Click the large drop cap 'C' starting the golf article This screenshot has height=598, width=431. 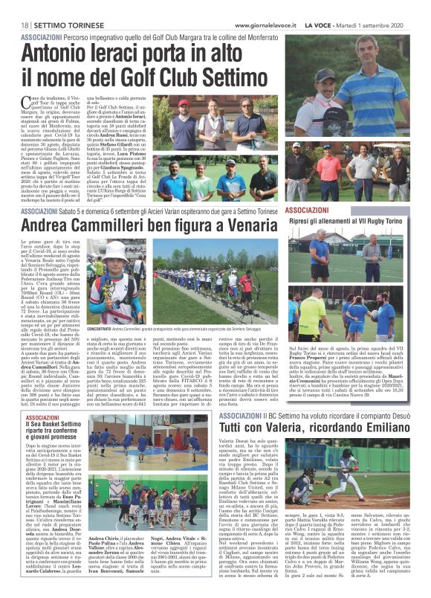click(27, 105)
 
